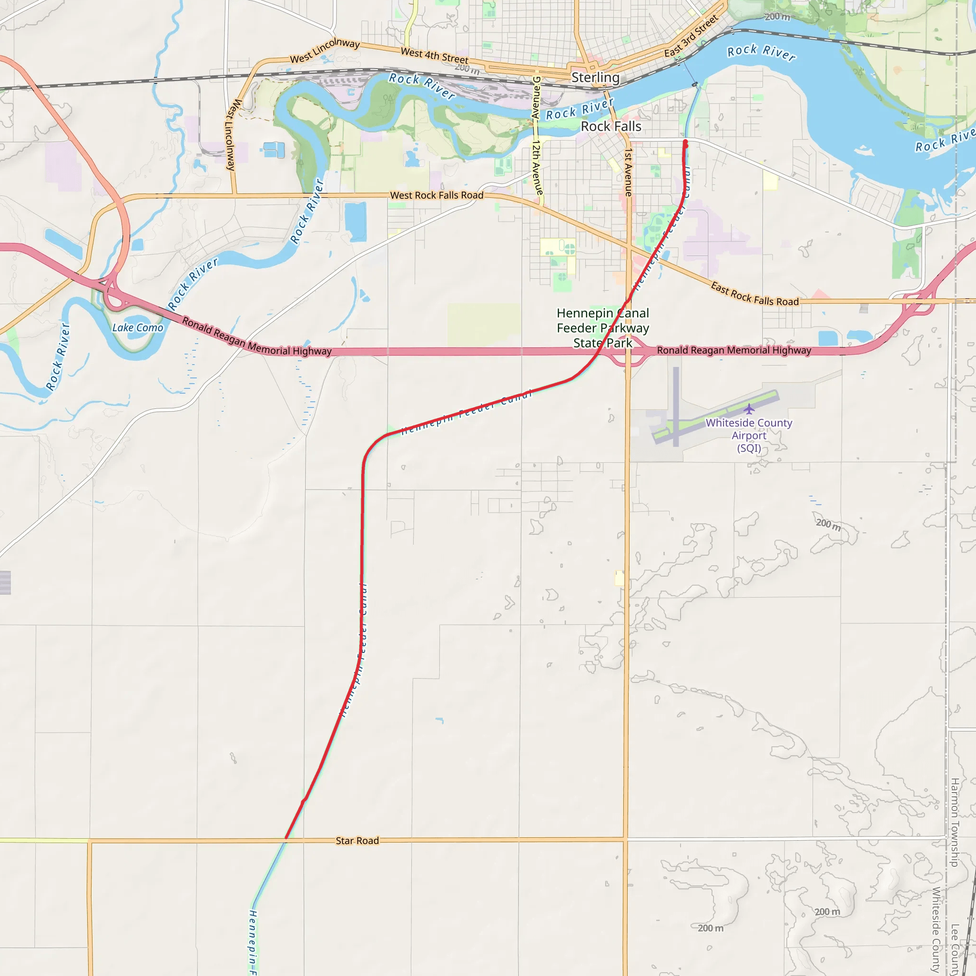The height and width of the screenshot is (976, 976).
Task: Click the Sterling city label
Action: point(595,77)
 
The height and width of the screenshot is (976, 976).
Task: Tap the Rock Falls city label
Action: point(611,126)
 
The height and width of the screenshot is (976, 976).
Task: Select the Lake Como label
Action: point(137,328)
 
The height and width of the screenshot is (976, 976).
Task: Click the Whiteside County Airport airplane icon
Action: point(749,409)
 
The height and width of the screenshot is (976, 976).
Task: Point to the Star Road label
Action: point(357,841)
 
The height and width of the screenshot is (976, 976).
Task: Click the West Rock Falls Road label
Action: point(437,195)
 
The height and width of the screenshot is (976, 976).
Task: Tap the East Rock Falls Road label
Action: point(754,295)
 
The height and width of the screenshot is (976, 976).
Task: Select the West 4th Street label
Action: point(434,56)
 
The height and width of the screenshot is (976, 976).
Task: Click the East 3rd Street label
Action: point(691,36)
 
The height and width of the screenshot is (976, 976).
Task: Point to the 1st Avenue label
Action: point(628,172)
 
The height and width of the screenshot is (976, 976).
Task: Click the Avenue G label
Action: point(537,98)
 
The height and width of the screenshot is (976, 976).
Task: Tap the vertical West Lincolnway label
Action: point(233,134)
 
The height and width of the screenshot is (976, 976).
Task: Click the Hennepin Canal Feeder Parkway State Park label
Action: point(602,328)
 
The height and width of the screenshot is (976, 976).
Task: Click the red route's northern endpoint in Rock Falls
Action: point(685,142)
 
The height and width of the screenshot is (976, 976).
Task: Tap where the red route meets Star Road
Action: point(286,839)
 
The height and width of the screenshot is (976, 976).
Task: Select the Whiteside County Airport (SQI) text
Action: point(749,436)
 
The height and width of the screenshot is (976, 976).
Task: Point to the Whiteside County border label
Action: point(935,929)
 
